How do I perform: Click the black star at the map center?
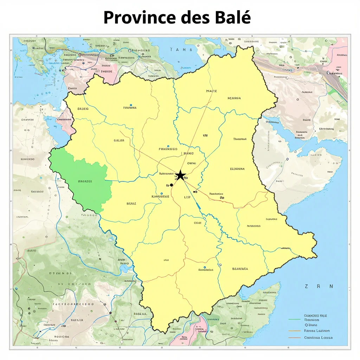point(180,175)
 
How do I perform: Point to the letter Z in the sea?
point(307,287)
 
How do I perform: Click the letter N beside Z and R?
point(331,287)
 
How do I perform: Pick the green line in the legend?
point(294,320)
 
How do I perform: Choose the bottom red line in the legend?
point(294,337)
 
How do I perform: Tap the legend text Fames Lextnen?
point(317,331)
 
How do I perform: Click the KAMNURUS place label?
point(160,197)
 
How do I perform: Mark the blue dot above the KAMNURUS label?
point(161,193)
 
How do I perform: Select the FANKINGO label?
point(168,149)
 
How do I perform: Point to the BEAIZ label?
point(131,204)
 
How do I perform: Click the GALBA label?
point(119,140)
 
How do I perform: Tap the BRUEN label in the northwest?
point(83,109)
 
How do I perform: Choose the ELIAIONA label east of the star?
point(237,169)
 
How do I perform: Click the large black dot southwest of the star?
point(172,185)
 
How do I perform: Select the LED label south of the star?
point(187,197)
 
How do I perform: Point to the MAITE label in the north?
point(211,91)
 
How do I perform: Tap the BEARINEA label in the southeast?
point(240,269)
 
